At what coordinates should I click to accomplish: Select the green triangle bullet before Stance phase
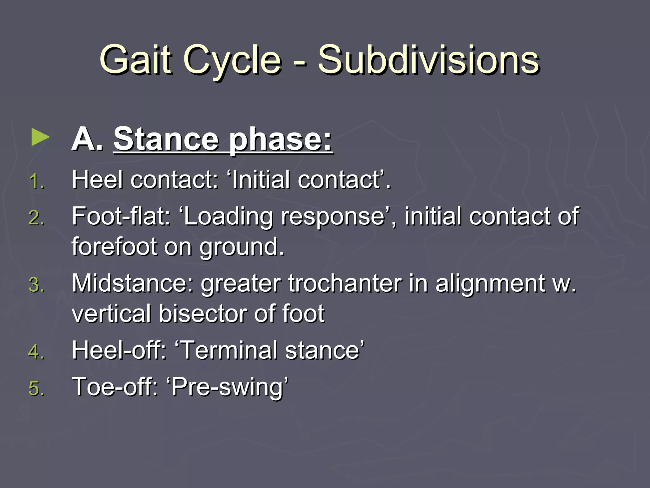coord(40,138)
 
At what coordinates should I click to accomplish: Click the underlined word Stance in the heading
coord(166,139)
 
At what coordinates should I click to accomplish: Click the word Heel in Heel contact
coord(97,180)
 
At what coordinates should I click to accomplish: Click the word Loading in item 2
coord(229,217)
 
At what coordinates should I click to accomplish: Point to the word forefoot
coord(114,247)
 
